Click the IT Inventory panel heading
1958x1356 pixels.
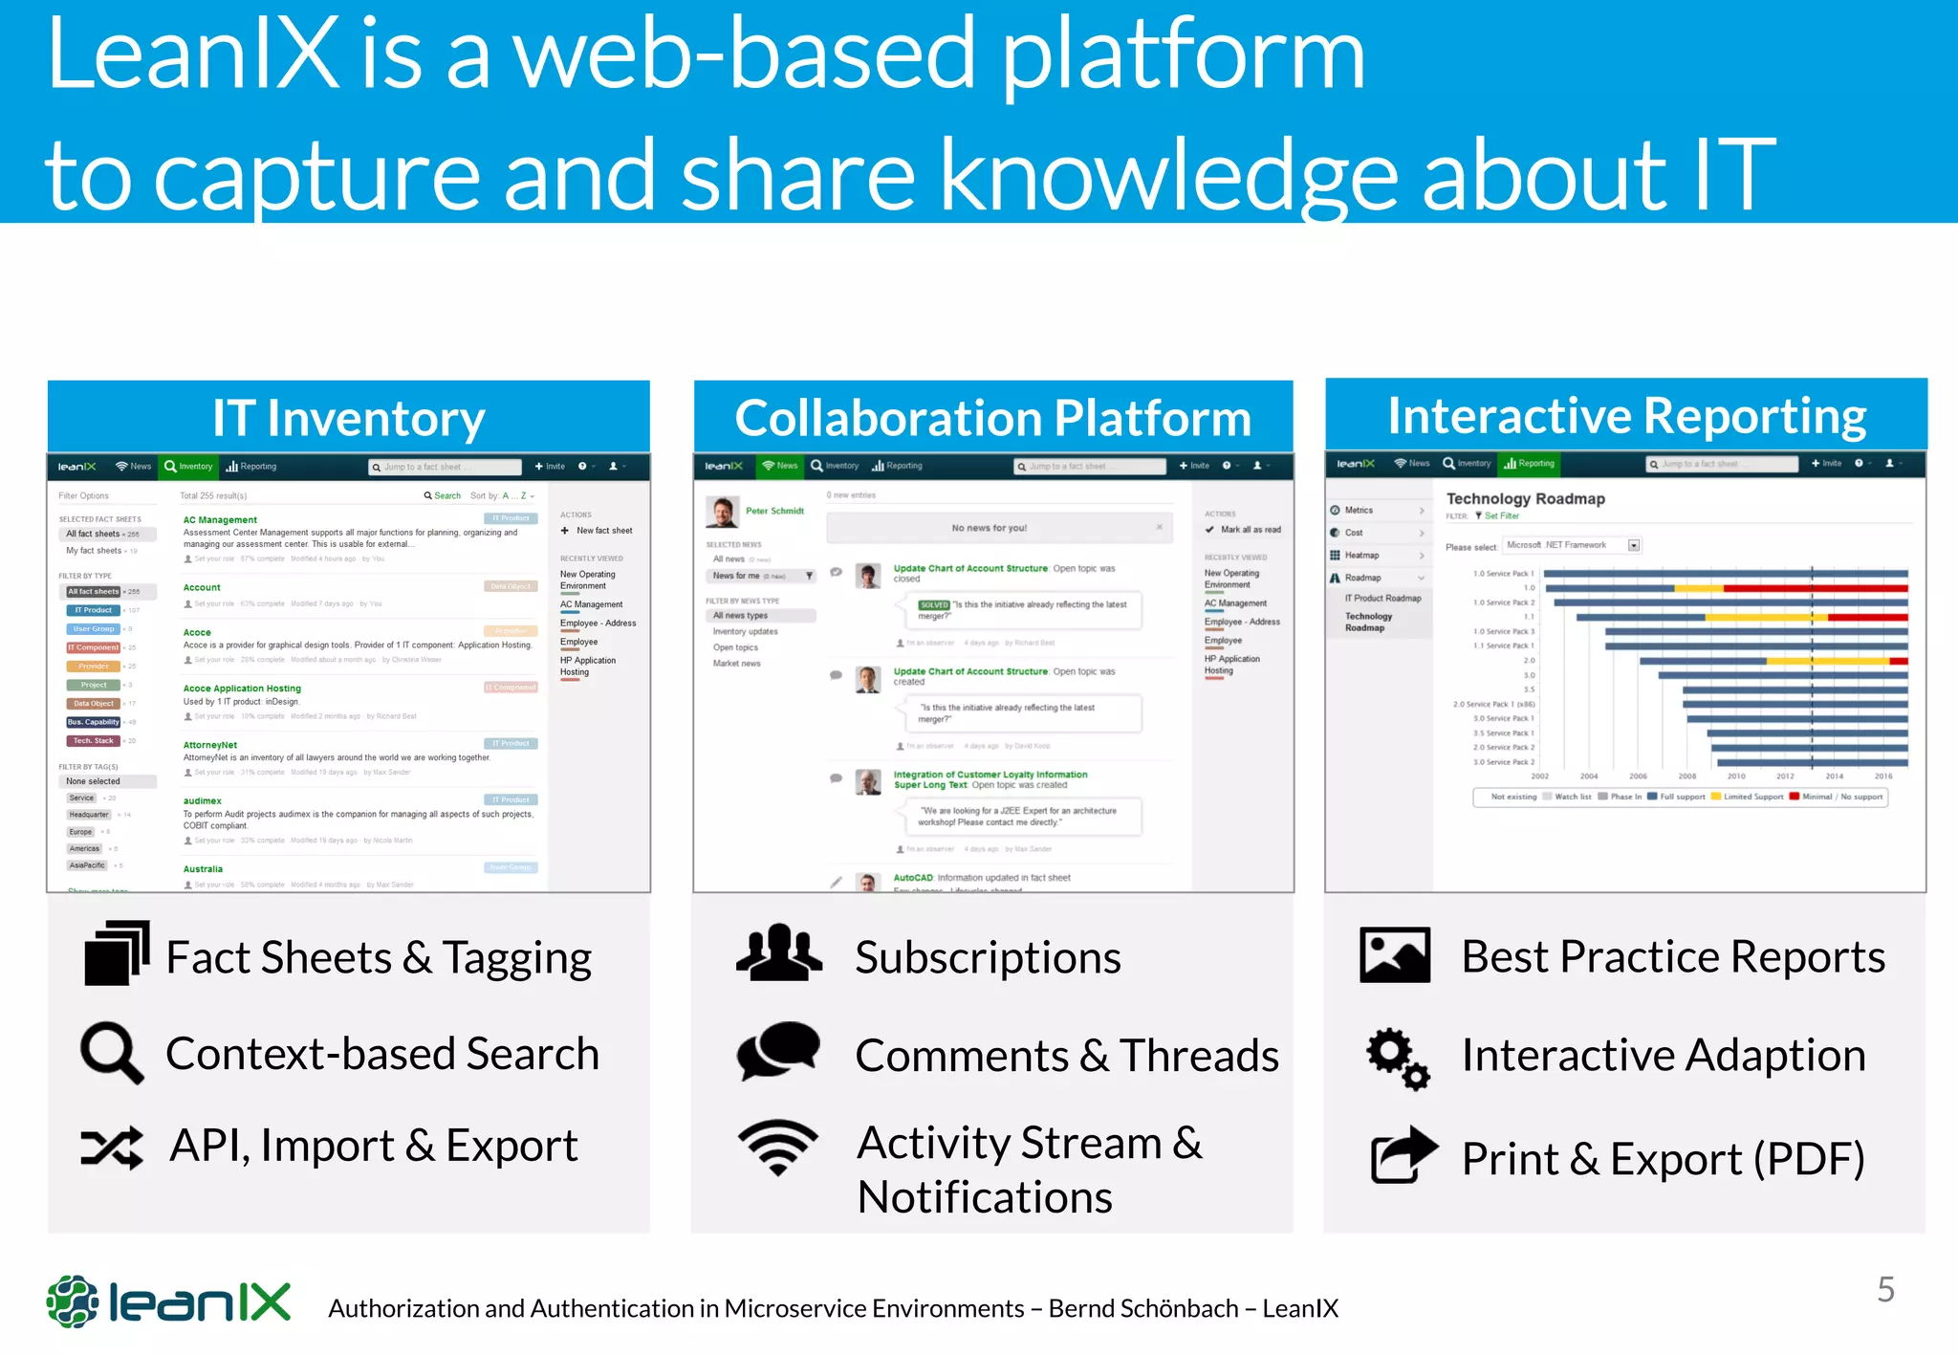[x=348, y=418]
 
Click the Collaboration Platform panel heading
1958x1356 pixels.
[x=992, y=418]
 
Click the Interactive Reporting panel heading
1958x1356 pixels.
[x=1626, y=415]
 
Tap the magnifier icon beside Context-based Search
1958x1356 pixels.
[x=112, y=1053]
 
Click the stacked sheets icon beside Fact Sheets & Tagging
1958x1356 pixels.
[x=117, y=953]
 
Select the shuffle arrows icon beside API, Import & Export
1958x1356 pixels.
[x=112, y=1147]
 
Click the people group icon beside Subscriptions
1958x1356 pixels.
[x=778, y=953]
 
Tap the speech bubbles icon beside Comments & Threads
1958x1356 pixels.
[x=778, y=1051]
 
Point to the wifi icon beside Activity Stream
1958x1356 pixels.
[x=778, y=1147]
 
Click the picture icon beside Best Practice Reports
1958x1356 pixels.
[x=1395, y=954]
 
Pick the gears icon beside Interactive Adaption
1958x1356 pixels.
[x=1397, y=1058]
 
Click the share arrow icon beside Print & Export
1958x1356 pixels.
[x=1403, y=1155]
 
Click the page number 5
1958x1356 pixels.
[x=1885, y=1289]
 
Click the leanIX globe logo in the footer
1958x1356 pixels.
[x=73, y=1301]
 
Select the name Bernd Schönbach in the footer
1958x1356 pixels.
[x=1143, y=1308]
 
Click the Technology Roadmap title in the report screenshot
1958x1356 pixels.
[x=1525, y=498]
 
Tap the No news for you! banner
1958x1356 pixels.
[x=990, y=528]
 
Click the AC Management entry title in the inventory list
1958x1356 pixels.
[x=220, y=520]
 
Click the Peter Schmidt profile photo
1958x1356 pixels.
[x=722, y=513]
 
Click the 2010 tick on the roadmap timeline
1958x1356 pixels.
[x=1736, y=776]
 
